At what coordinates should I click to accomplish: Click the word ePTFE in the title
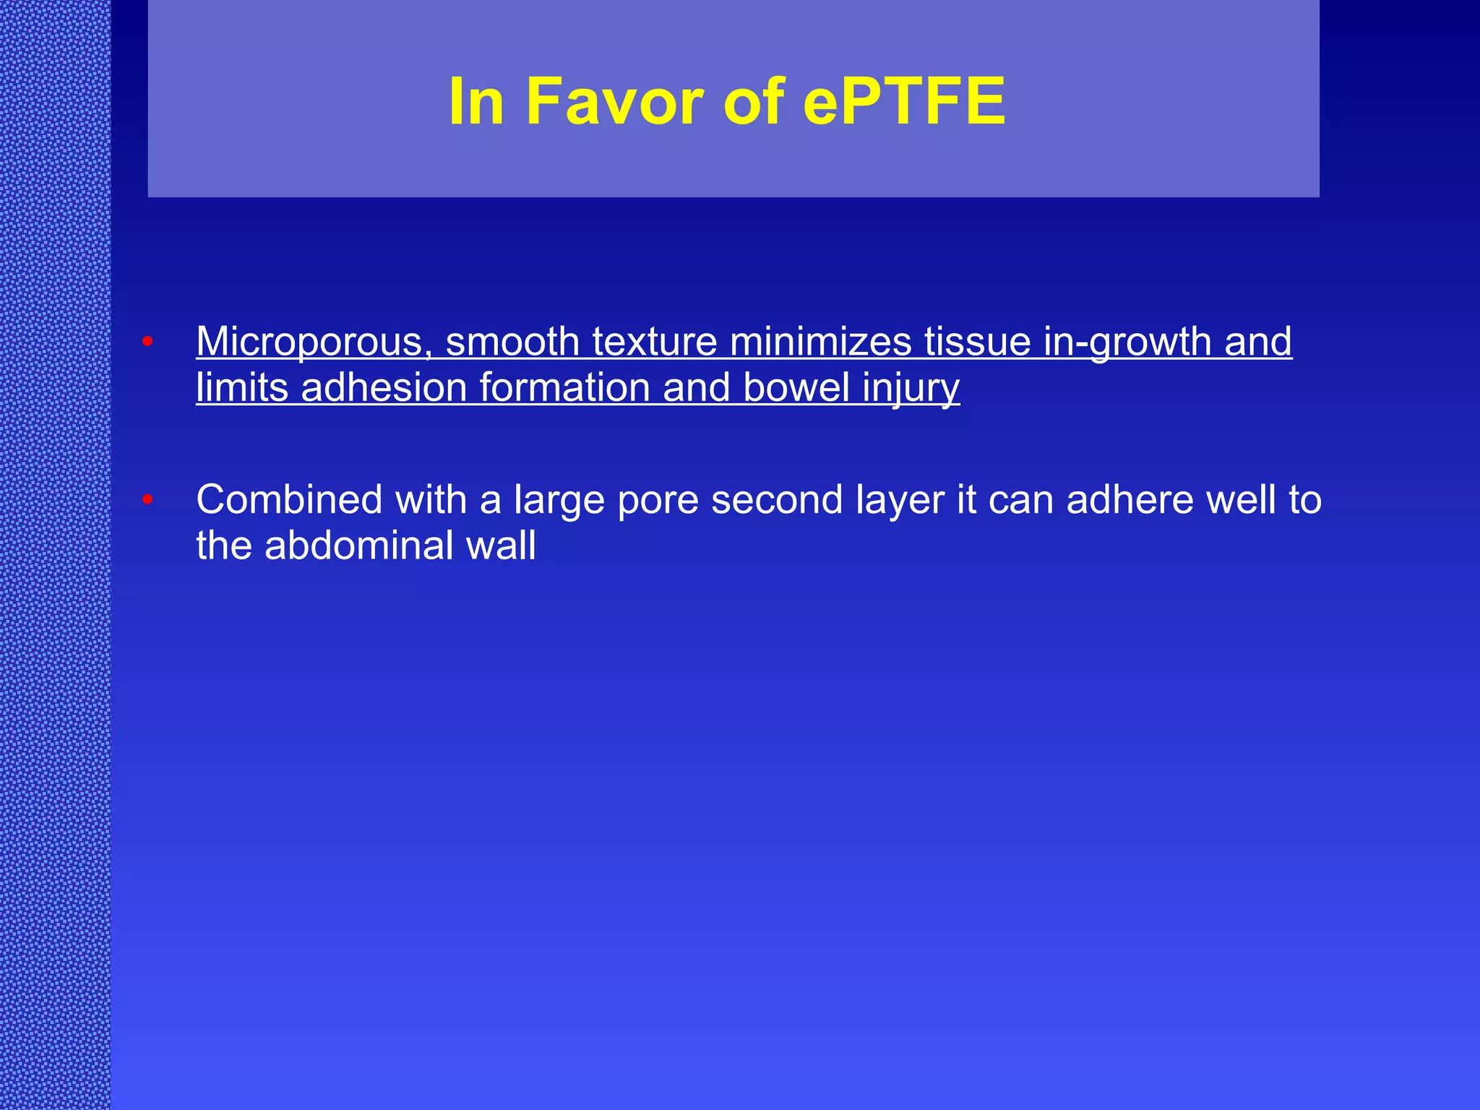coord(904,102)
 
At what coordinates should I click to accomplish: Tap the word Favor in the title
coord(614,102)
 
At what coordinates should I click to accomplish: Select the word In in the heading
coord(476,102)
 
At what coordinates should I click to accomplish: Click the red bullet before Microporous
coord(147,341)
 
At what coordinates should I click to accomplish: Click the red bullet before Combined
coord(147,499)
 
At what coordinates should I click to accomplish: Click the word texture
coord(654,342)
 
